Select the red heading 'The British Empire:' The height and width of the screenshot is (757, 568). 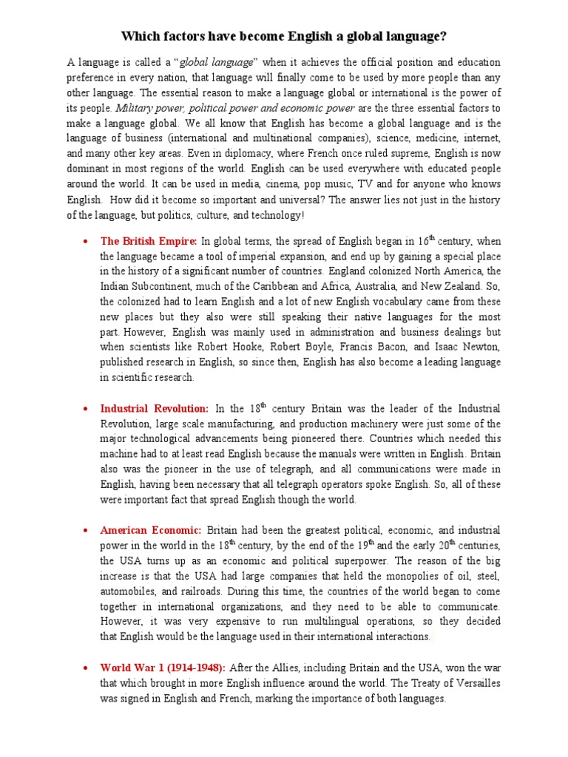pyautogui.click(x=149, y=240)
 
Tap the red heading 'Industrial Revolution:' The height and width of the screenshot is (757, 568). pyautogui.click(x=155, y=408)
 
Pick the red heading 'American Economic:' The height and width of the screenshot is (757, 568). pyautogui.click(x=151, y=530)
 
